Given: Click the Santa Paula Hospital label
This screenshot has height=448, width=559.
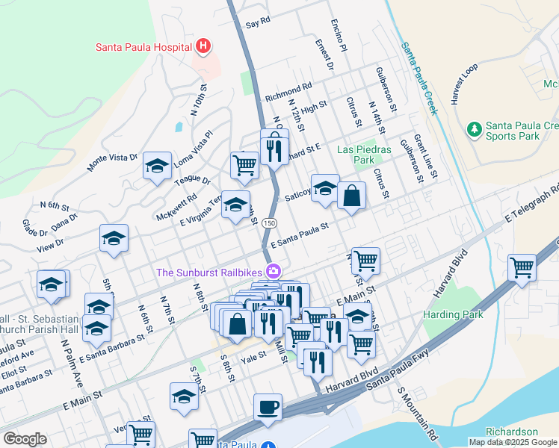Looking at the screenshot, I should point(143,47).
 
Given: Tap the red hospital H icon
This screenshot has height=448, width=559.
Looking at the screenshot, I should point(203,47).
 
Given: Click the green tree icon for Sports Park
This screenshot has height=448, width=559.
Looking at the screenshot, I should point(474,129).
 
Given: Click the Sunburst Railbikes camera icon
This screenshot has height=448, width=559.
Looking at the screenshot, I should point(274,271).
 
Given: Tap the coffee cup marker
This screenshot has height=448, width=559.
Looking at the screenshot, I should point(268,408).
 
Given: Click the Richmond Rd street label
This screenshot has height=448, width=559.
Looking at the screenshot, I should point(288,93).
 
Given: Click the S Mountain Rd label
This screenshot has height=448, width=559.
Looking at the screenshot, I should point(416,411).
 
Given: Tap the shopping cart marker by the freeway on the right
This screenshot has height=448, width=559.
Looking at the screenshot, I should point(522,268).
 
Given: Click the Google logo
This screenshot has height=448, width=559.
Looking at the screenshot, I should point(25,439).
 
